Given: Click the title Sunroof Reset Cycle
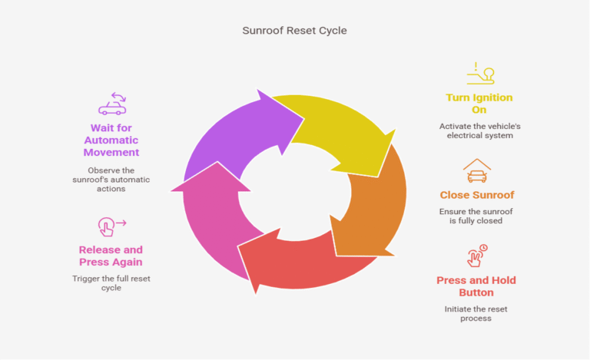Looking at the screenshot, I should click(x=294, y=31).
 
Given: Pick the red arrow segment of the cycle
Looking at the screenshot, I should click(x=307, y=265).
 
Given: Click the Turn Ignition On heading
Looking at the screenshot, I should click(x=479, y=104).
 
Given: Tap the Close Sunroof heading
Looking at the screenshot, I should click(x=476, y=195).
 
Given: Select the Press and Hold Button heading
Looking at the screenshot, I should click(x=476, y=286).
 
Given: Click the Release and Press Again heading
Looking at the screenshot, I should click(x=111, y=256).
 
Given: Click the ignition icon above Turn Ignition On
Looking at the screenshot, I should click(x=480, y=74).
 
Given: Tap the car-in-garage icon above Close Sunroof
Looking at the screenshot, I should click(x=476, y=171).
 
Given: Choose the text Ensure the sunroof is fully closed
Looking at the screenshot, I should click(x=476, y=216).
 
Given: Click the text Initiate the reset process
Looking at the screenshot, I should click(x=476, y=313).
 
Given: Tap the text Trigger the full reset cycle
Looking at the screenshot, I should click(x=111, y=282).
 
